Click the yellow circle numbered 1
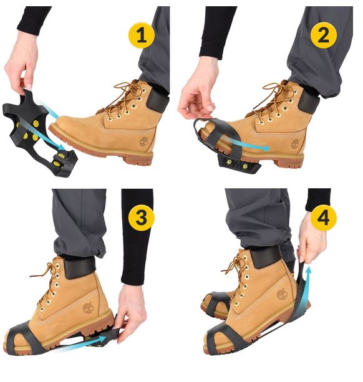[142, 35]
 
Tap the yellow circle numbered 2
[324, 35]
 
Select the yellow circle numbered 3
[142, 217]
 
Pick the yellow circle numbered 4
[324, 217]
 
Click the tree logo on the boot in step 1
[144, 142]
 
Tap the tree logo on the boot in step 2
[296, 143]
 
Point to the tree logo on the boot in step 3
[88, 307]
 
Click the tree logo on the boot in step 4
[282, 294]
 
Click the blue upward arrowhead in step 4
[309, 270]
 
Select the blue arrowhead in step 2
[266, 148]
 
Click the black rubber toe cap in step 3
[23, 337]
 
